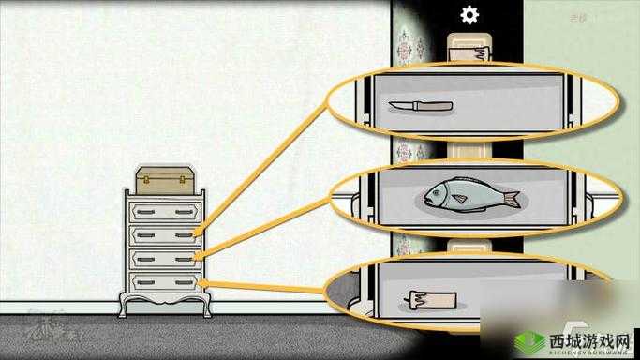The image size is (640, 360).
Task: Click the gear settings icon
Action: pos(469,14)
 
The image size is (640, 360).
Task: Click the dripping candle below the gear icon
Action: pos(469,49)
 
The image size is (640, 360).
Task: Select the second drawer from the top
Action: pos(165,233)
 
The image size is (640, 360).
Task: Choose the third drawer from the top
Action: pos(165,257)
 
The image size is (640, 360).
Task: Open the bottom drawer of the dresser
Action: pos(165,280)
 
